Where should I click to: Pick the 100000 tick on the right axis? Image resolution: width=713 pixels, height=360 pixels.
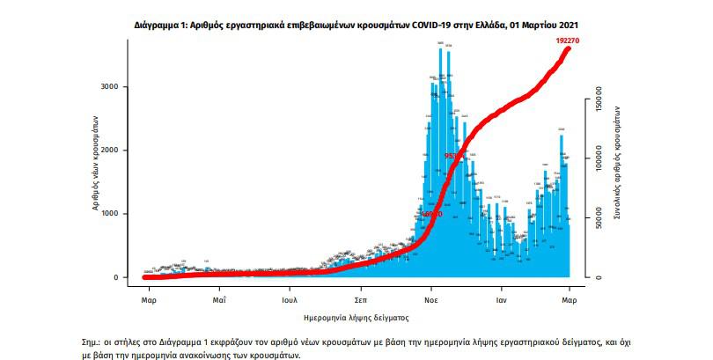pos(599,165)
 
